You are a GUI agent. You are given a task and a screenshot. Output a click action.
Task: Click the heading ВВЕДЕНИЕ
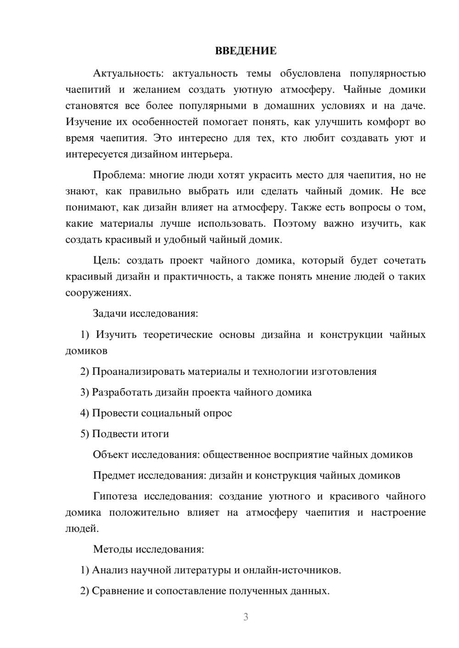tap(246, 51)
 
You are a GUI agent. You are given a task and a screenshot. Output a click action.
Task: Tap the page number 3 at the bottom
tap(246, 617)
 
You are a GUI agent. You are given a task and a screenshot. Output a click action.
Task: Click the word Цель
tap(106, 261)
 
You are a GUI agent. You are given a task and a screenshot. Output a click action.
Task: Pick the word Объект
tap(111, 455)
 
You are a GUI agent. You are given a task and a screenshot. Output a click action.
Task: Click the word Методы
tap(110, 549)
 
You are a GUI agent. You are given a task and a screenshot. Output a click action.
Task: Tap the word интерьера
tap(211, 154)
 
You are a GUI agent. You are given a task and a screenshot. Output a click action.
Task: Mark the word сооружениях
tap(98, 293)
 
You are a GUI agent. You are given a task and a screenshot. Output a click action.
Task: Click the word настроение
tap(398, 512)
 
